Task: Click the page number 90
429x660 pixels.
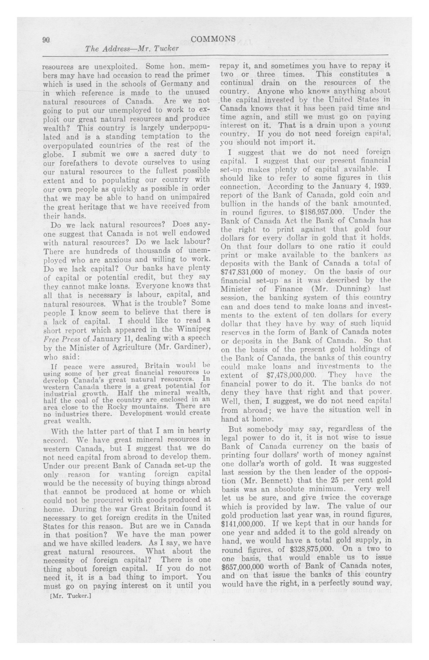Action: point(46,40)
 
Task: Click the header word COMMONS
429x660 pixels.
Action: point(213,39)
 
